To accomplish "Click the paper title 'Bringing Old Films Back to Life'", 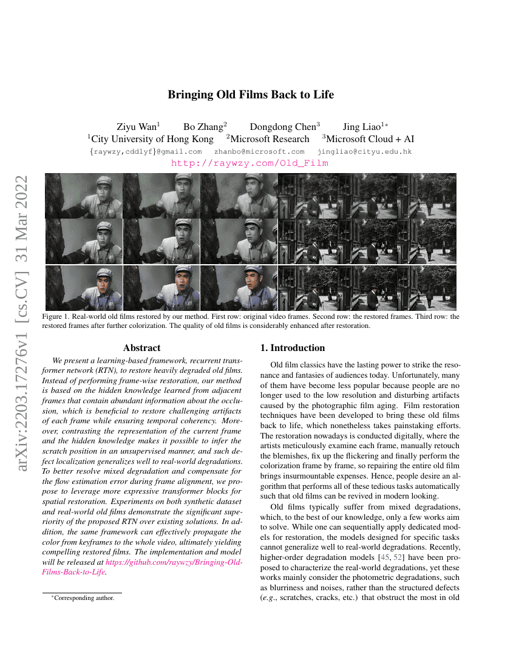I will (251, 95).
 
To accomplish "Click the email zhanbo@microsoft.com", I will (260, 152).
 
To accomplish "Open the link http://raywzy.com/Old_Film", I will (250, 163).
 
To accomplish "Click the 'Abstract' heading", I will (141, 348).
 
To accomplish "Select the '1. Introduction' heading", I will (293, 348).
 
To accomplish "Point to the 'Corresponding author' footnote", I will (84, 598).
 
